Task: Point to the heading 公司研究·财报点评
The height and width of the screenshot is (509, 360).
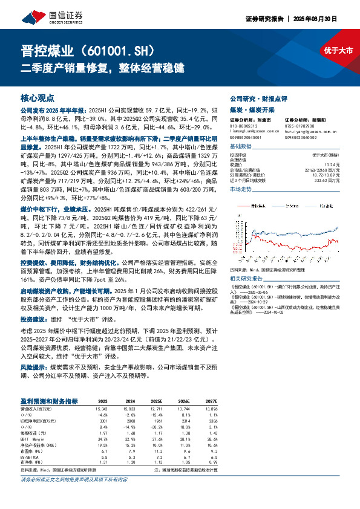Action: tap(256, 98)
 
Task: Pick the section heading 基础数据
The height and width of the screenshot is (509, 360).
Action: tap(241, 147)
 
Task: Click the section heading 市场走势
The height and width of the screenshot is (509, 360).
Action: tap(241, 190)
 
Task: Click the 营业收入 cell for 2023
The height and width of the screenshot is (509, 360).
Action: tap(102, 409)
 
